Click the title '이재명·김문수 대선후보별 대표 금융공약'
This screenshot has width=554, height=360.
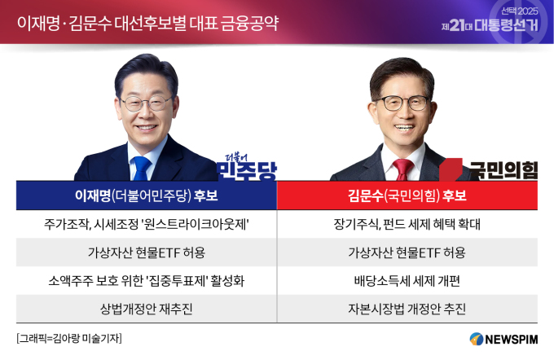(x=147, y=24)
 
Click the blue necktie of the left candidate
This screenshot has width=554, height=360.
(x=142, y=168)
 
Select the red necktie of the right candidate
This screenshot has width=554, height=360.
(x=403, y=169)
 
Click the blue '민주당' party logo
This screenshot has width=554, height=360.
(x=247, y=168)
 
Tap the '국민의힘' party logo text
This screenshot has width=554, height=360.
(x=503, y=171)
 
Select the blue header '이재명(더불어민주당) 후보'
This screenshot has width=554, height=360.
(x=147, y=195)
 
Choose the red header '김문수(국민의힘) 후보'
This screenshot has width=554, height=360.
(x=407, y=195)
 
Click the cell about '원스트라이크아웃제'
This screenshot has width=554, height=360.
(x=147, y=224)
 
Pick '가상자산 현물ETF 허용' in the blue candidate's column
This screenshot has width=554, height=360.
(x=147, y=252)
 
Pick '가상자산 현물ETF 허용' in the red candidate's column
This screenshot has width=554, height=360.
(x=407, y=252)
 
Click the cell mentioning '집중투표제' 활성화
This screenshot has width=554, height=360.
(x=147, y=281)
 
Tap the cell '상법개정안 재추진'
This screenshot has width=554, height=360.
(x=147, y=310)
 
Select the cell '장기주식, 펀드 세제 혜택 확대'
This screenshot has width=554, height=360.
(x=407, y=224)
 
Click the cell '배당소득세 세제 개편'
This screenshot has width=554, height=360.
(x=407, y=281)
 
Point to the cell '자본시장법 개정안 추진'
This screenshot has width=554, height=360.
(x=407, y=310)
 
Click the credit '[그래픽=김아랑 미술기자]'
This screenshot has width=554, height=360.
(x=69, y=339)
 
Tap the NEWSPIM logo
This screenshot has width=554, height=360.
(x=503, y=339)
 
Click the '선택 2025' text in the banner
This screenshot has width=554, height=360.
(x=520, y=11)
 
